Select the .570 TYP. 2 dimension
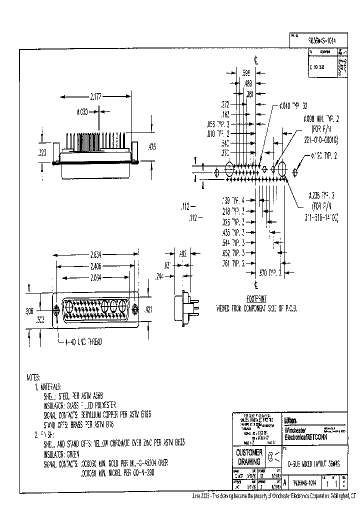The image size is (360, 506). point(270,272)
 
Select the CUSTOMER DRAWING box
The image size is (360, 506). point(248,456)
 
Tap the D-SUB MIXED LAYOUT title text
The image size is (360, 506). point(310,464)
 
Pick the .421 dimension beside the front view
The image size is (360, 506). point(148,311)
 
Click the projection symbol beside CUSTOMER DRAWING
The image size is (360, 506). point(273,455)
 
